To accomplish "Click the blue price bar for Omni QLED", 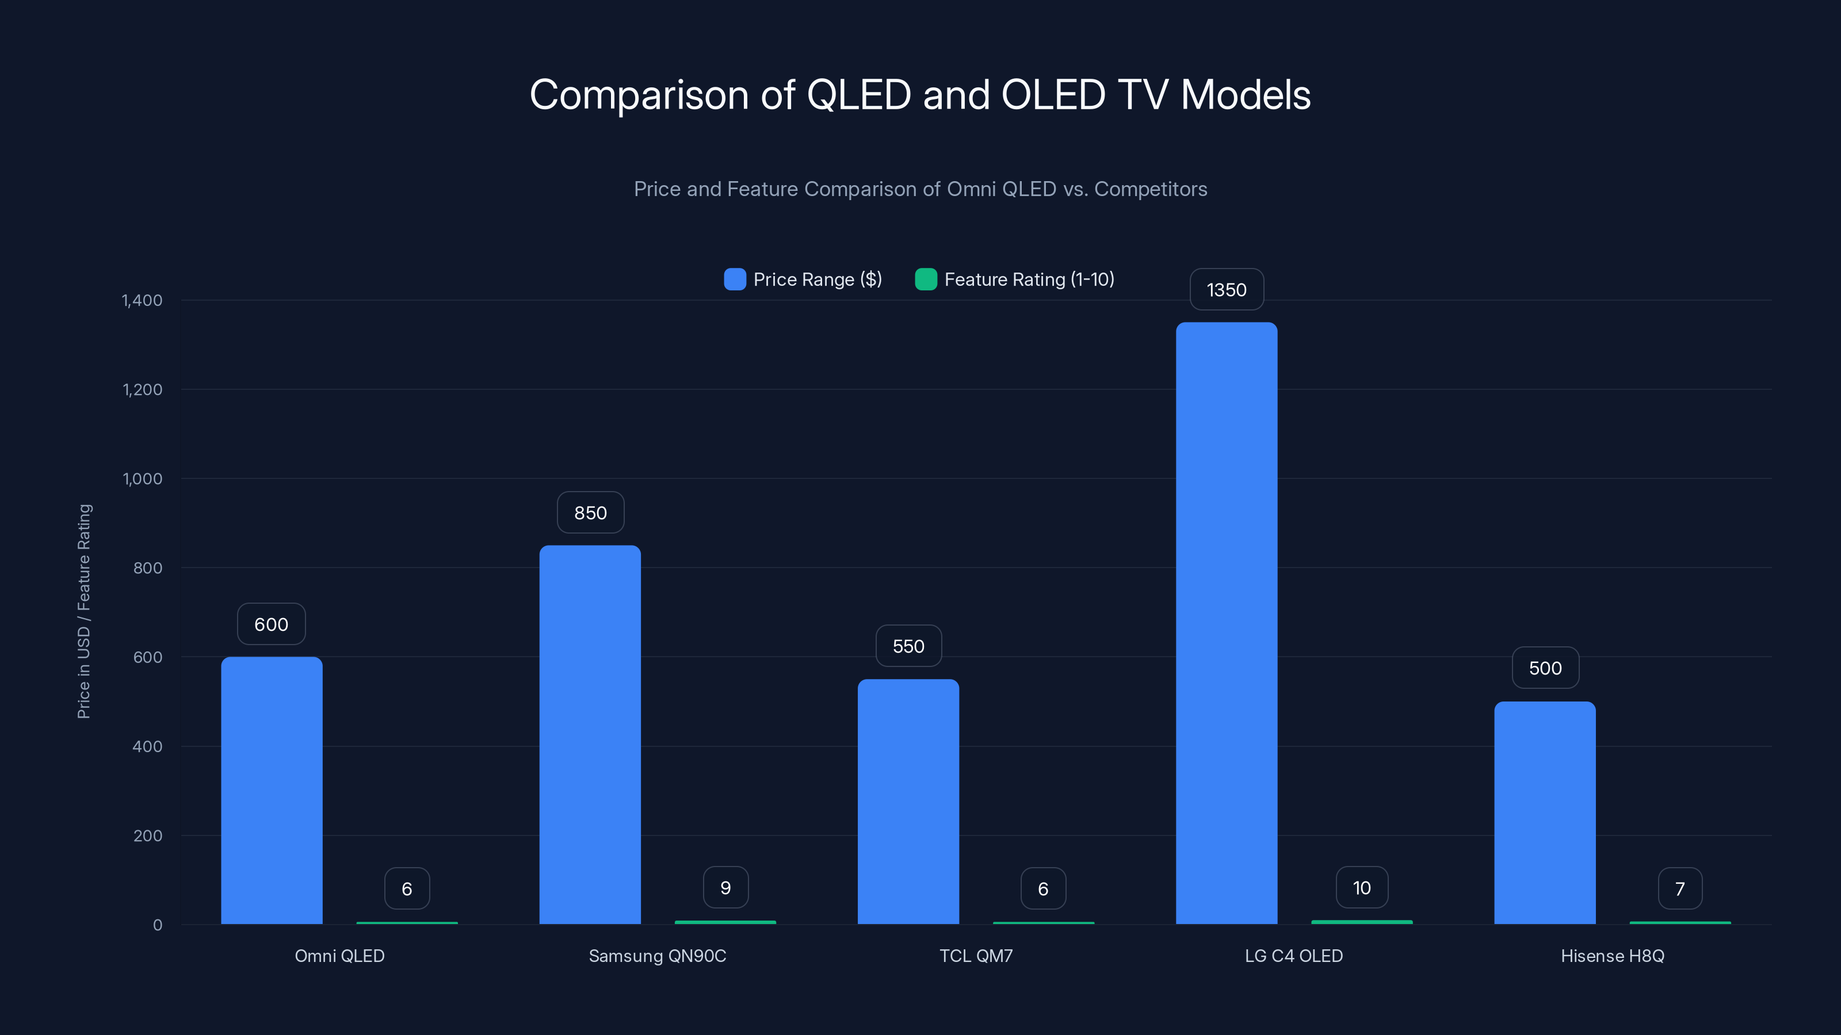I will (x=272, y=789).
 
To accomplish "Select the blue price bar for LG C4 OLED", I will (x=1227, y=622).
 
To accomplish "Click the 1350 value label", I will (x=1227, y=290).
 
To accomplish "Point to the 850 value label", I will (x=590, y=513).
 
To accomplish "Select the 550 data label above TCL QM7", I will (x=908, y=646).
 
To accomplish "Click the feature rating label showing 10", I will (x=1361, y=888).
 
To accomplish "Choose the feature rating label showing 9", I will (x=725, y=888).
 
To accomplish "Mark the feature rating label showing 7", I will (x=1680, y=888).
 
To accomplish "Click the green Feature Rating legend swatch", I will (x=926, y=279).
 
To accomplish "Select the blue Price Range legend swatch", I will (x=735, y=279).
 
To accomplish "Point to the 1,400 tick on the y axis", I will (x=142, y=300).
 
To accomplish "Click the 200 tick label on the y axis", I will (x=147, y=835).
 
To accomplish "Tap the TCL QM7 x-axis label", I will (x=976, y=956).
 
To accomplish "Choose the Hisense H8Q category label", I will (x=1612, y=956).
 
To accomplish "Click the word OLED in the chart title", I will (x=1053, y=95).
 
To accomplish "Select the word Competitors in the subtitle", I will (x=1151, y=189).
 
